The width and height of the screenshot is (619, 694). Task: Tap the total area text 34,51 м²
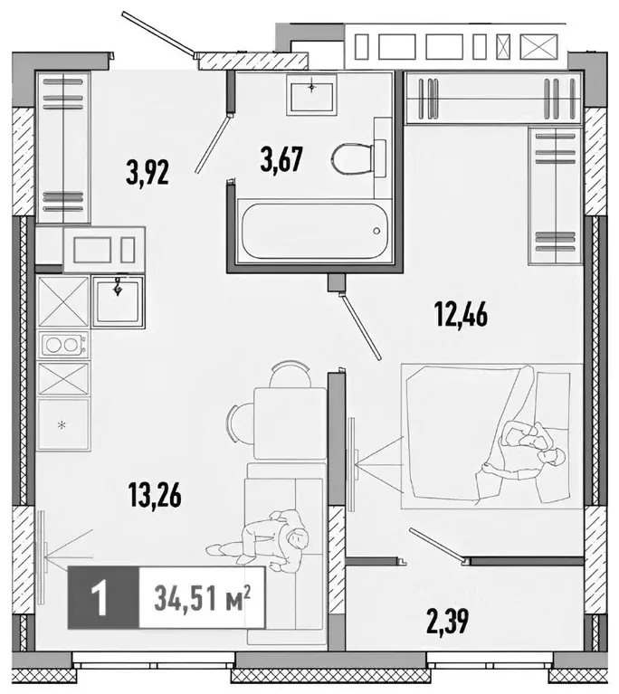point(201,599)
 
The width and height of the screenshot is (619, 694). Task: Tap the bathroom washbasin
point(313,91)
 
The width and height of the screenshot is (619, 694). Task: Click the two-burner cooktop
point(62,345)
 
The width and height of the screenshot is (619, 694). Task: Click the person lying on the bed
point(525,448)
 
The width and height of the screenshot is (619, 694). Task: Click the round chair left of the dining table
point(238,422)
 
